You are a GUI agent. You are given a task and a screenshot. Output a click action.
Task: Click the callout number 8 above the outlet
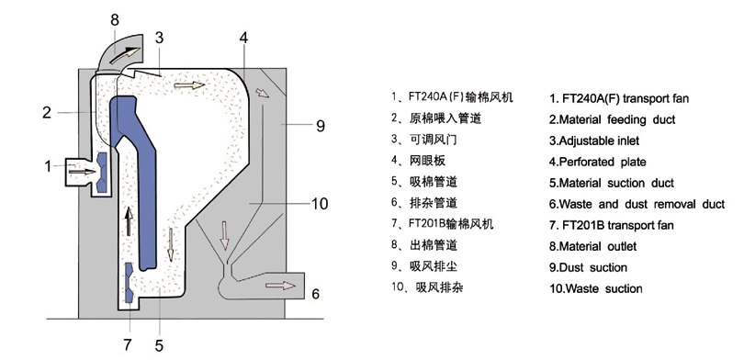coord(115,18)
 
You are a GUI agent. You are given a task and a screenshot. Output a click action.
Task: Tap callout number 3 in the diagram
coord(159,38)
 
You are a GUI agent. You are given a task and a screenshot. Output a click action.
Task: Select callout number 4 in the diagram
coord(243,38)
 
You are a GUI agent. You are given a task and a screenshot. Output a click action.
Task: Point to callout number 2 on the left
coord(46,113)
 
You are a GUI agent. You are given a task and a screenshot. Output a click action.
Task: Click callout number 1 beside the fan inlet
coord(47,166)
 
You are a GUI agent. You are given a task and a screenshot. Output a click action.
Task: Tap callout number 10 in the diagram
coord(319,204)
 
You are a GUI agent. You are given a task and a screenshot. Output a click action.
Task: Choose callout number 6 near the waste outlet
coord(315,294)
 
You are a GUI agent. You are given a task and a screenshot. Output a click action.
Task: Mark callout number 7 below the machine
coord(128,345)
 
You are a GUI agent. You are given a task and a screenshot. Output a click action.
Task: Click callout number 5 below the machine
coord(159,345)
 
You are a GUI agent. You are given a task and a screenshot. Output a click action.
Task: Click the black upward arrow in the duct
coord(129,220)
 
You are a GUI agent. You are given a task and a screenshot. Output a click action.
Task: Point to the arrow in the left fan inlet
coord(82,171)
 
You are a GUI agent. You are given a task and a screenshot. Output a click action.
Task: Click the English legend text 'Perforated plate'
coord(596,162)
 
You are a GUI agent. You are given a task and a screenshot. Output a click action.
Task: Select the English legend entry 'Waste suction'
coord(596,288)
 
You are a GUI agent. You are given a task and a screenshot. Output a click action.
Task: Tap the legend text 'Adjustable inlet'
coord(593,141)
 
